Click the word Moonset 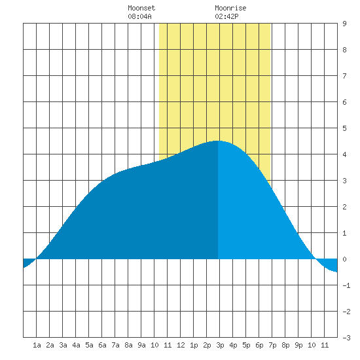[141, 8]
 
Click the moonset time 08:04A [139, 16]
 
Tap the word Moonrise [230, 8]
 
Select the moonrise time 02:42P [226, 16]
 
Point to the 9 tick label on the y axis [344, 24]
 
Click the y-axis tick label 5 [344, 128]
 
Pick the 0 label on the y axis [344, 259]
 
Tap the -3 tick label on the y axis [346, 338]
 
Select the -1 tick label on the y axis [346, 285]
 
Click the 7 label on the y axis [344, 76]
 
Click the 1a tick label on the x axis [37, 345]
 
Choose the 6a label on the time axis [102, 345]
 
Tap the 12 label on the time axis [181, 345]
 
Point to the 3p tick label [220, 345]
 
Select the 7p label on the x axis [272, 345]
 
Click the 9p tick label [298, 345]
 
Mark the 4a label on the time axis [76, 345]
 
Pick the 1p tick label [194, 345]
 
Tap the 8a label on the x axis [128, 345]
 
